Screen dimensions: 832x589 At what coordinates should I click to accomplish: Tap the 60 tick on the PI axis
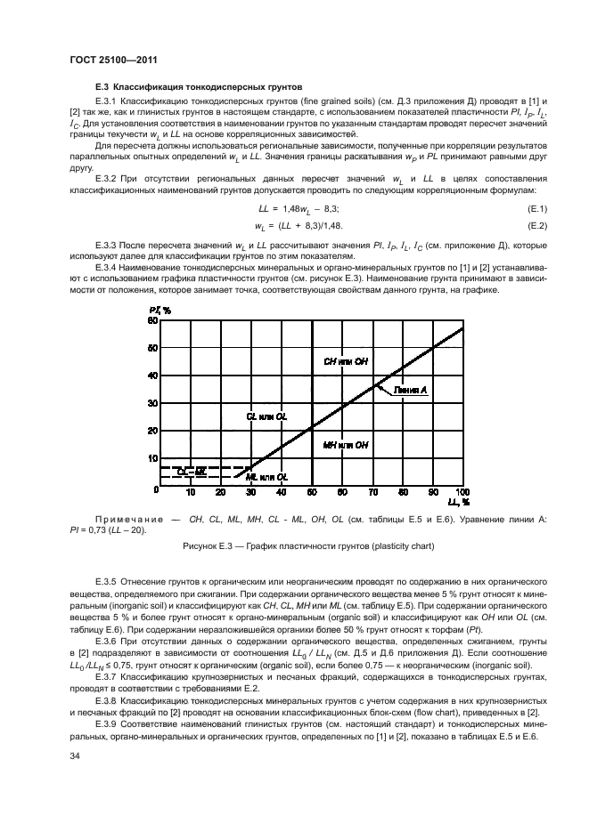tap(152, 321)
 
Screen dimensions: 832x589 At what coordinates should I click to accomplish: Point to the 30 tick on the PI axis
tap(152, 403)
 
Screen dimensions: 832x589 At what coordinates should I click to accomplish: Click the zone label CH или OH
tap(346, 361)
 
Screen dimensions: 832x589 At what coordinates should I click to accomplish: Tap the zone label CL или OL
tap(266, 416)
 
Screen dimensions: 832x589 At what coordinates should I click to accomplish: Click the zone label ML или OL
tap(266, 478)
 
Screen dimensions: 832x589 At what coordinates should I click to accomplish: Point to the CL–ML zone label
tap(192, 471)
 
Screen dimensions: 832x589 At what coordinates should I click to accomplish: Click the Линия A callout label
tap(411, 390)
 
